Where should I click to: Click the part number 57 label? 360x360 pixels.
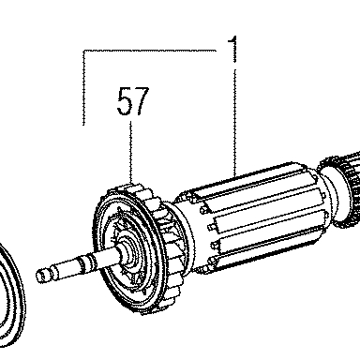tap(133, 101)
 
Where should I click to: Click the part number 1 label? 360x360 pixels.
tap(232, 49)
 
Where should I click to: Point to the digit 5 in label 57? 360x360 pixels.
tap(125, 101)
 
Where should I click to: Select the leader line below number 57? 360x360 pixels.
tap(131, 153)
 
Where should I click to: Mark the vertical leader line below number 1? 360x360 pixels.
tap(234, 122)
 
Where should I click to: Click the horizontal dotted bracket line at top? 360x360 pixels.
tap(150, 51)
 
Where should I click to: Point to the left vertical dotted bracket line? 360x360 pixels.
tap(83, 88)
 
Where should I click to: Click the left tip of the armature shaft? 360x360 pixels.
tap(37, 277)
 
